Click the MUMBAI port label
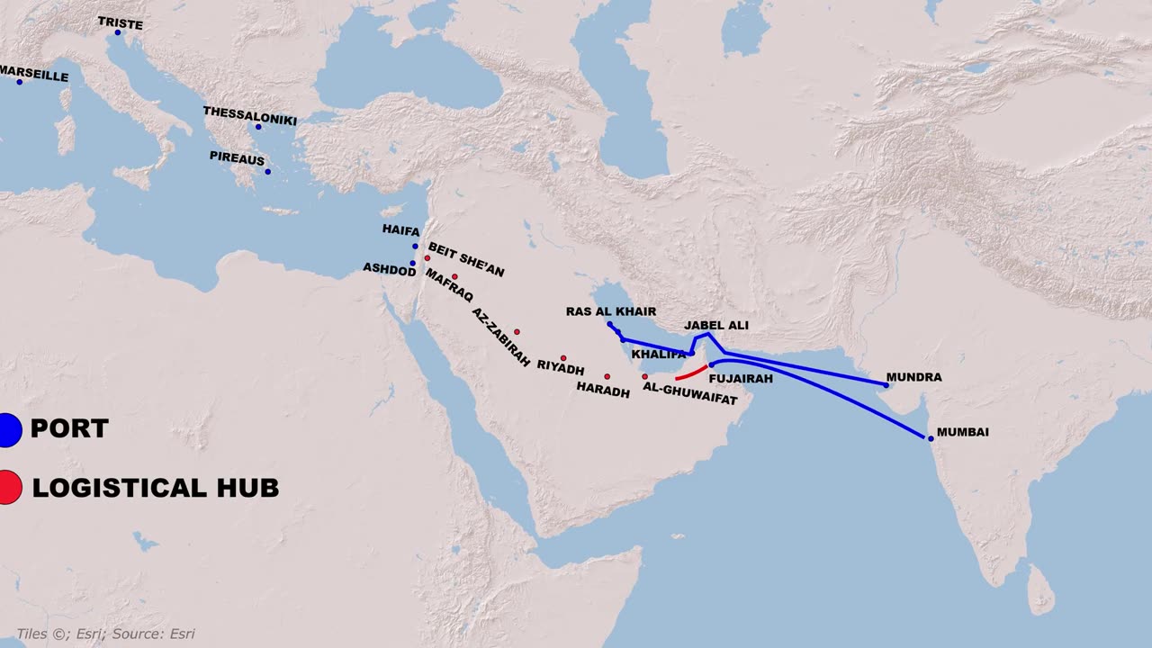tap(962, 432)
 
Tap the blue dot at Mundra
tap(886, 385)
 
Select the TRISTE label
tap(120, 23)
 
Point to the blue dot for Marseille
tap(19, 82)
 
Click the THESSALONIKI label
tap(249, 112)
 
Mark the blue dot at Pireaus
tap(267, 172)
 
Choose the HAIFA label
tap(400, 231)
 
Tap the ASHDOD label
tap(389, 268)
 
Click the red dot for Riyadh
tap(563, 357)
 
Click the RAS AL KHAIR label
tap(611, 311)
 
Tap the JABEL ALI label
tap(716, 325)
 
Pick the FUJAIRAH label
tap(741, 379)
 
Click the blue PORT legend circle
tap(7, 429)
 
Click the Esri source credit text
tap(105, 634)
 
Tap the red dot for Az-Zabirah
tap(517, 332)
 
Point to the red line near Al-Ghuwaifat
tap(692, 373)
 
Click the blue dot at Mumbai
tap(931, 438)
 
